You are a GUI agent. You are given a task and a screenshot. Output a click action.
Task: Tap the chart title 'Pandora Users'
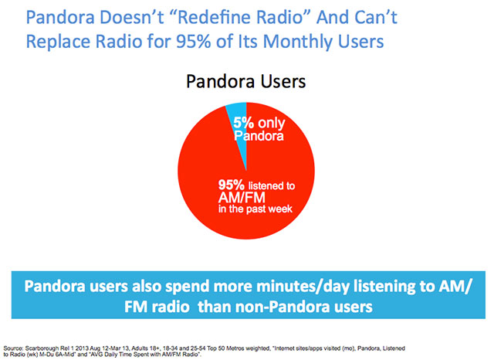[x=245, y=82]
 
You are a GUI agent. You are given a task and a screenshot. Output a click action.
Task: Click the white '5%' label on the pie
[x=244, y=123]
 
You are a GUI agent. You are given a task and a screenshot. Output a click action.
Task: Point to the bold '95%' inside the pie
[x=232, y=185]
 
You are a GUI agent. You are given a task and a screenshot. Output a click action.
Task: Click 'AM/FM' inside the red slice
[x=242, y=198]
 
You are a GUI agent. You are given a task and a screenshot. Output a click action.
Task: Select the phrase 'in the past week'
[x=255, y=209]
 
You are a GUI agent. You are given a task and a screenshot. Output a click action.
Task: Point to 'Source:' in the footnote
[x=13, y=348]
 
